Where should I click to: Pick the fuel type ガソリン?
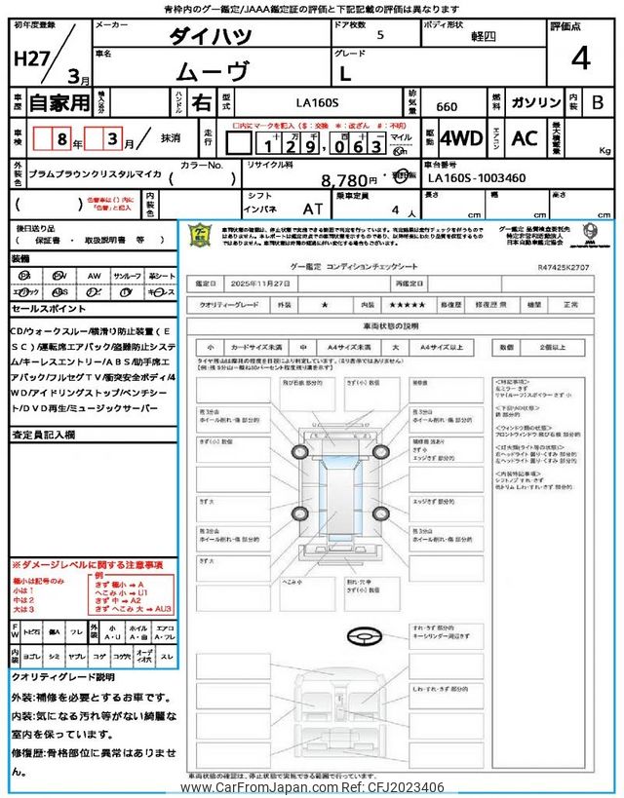point(535,102)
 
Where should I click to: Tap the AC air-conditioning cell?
point(525,138)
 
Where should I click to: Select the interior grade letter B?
point(599,101)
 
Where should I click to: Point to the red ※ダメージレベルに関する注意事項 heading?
point(87,565)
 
